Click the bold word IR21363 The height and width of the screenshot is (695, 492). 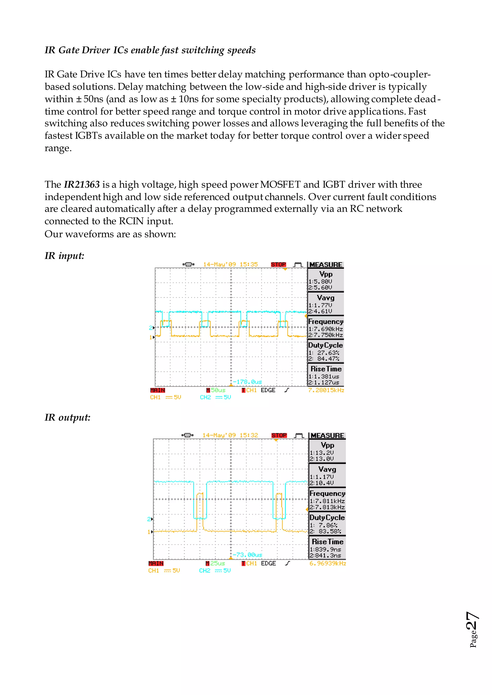[81, 184]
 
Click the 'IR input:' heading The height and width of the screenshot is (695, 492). [64, 256]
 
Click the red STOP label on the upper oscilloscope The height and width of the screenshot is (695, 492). [278, 264]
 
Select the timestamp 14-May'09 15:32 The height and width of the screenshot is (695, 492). [230, 435]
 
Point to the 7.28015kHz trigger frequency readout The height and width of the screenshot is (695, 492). [326, 390]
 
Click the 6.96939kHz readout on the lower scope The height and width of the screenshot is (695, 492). [327, 563]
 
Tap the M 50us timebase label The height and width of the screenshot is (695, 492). [216, 390]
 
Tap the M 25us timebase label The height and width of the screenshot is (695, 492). [215, 563]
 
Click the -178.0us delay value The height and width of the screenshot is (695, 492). [247, 382]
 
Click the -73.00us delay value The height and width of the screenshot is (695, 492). [247, 555]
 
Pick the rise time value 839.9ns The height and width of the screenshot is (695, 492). [326, 549]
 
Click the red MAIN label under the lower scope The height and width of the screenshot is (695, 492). [156, 563]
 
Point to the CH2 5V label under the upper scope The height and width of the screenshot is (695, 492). [215, 397]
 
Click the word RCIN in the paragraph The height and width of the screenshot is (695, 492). [131, 221]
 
